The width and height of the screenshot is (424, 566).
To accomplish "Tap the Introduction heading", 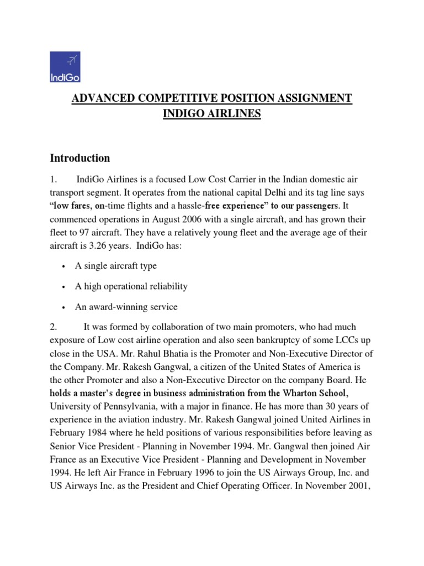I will click(x=80, y=159).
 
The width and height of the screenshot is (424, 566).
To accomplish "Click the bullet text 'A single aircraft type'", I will click(x=116, y=266).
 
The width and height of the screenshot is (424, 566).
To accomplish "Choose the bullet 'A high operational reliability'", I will click(x=131, y=286).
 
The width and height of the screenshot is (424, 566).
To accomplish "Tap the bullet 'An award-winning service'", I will click(x=126, y=307).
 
